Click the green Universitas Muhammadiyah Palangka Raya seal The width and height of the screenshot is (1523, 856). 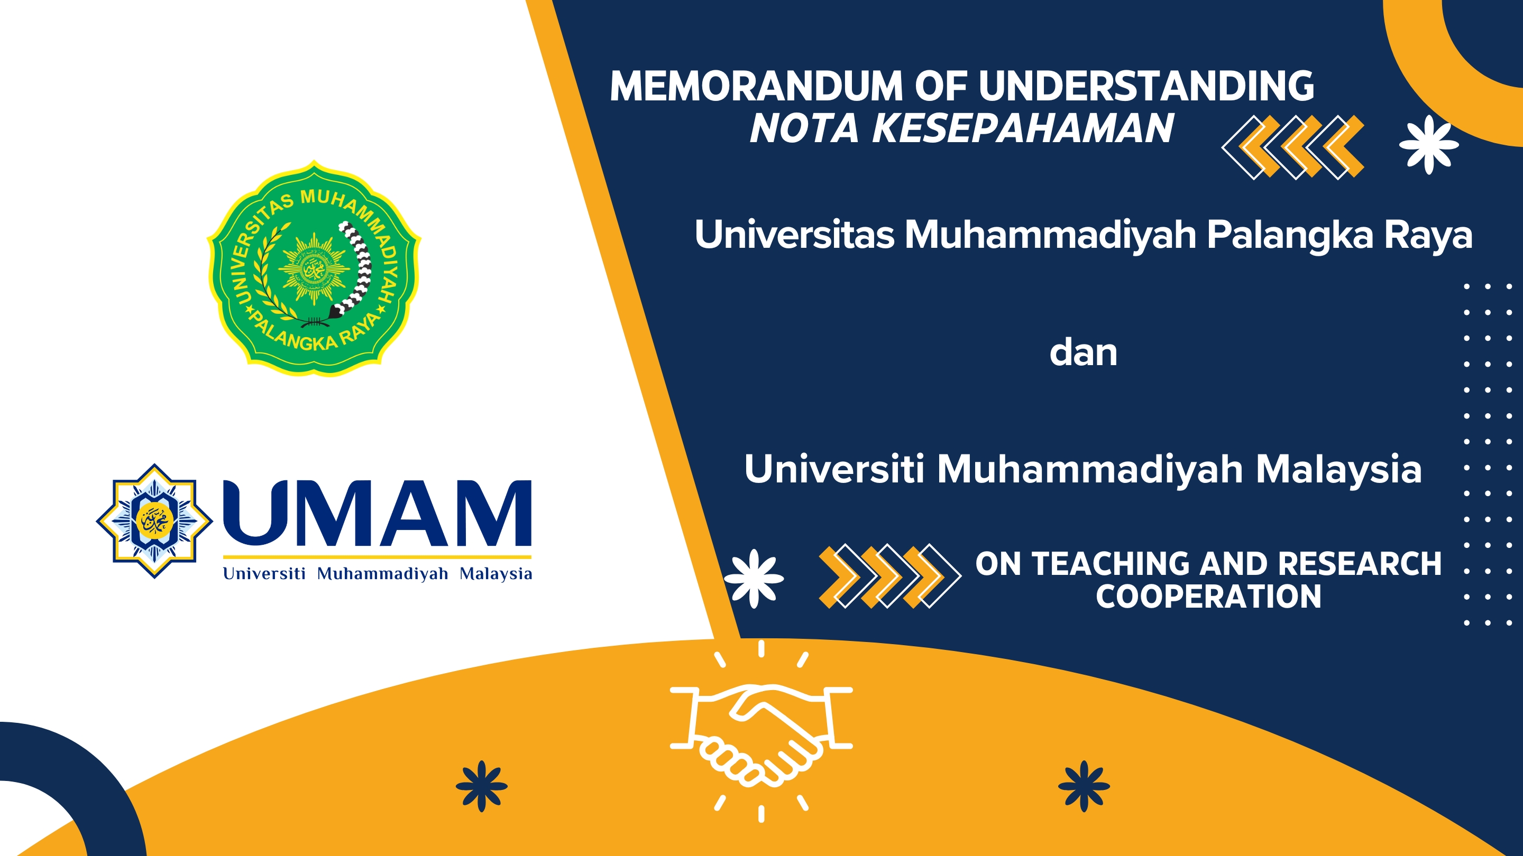click(314, 269)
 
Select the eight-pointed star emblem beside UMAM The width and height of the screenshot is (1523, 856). click(154, 520)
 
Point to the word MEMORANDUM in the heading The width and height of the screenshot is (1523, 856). click(756, 86)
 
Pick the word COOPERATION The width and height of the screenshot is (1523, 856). click(1208, 597)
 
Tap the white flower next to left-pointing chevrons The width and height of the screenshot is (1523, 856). click(1429, 145)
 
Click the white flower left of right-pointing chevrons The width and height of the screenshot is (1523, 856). click(754, 579)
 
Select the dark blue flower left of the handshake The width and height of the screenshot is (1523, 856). click(482, 786)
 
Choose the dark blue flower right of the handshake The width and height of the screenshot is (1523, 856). click(1084, 786)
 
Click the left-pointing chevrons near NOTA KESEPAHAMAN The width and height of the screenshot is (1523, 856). click(1293, 147)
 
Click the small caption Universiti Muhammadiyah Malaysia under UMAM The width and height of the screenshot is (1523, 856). click(377, 574)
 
